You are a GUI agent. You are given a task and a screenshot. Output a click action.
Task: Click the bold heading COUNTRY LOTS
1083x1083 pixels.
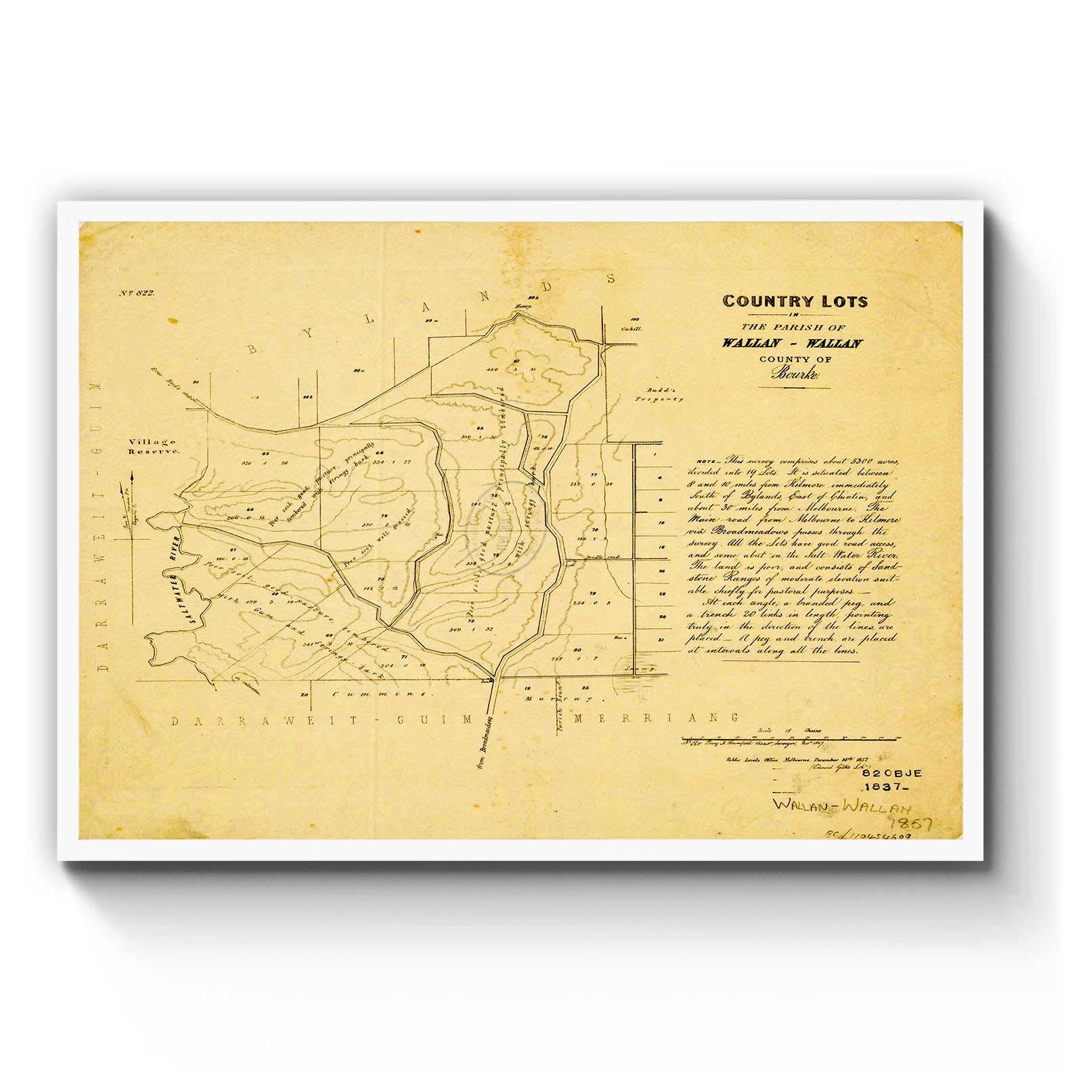(x=795, y=301)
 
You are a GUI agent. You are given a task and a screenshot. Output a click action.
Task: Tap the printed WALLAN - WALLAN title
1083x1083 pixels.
(x=792, y=343)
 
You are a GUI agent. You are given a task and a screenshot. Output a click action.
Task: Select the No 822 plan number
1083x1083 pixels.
(x=137, y=293)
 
